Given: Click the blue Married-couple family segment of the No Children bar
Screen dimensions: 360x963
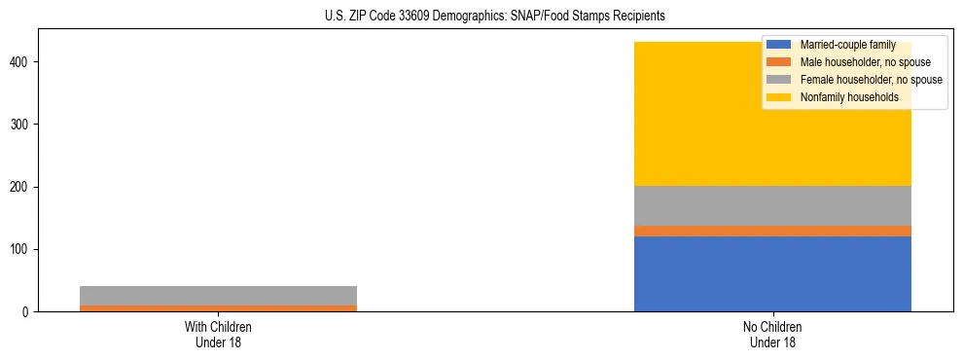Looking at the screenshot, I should [x=772, y=273].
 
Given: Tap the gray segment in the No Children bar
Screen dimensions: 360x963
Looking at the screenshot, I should [x=772, y=205].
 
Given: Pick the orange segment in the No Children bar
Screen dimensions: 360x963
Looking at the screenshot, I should [x=772, y=231].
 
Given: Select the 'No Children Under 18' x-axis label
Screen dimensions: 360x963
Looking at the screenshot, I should [x=772, y=334].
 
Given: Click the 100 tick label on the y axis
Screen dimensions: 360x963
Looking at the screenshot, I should [x=21, y=250].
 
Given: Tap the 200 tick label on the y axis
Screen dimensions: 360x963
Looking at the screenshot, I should [x=21, y=187].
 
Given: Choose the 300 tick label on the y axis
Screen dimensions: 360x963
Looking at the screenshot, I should [x=21, y=125].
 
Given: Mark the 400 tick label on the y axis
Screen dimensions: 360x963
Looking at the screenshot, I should [x=21, y=62].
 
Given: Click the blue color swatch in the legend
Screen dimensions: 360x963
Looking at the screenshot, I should [x=779, y=45].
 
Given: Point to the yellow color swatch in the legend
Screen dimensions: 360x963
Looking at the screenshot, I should [x=779, y=97].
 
